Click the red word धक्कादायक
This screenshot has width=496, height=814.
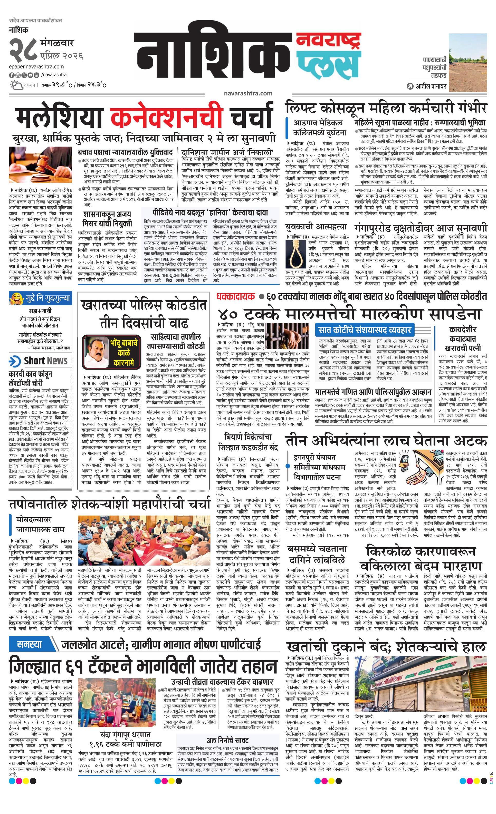click(236, 296)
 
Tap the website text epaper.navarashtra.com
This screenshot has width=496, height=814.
click(36, 67)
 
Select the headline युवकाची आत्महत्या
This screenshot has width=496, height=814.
click(316, 227)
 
